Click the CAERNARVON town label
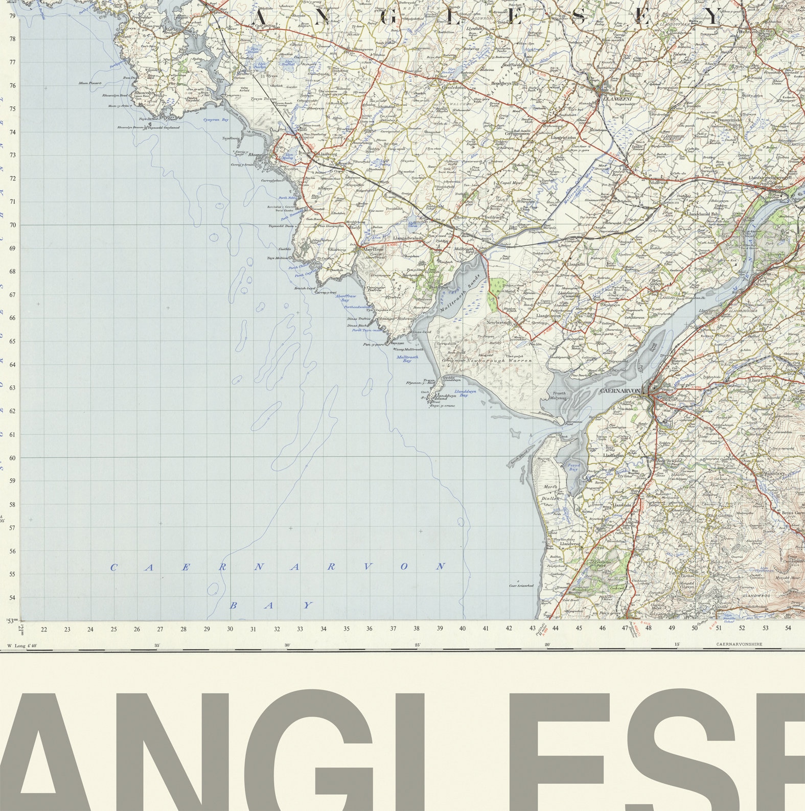point(620,391)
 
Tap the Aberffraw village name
point(373,249)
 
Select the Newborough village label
point(498,323)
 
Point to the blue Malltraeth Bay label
point(407,359)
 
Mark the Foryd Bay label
point(573,467)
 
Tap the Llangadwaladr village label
point(407,238)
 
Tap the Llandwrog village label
point(569,544)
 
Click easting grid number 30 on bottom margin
point(230,629)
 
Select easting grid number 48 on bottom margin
point(648,629)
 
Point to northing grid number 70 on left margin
point(12,225)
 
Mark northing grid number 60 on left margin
point(12,458)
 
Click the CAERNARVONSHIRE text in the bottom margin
point(739,644)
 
